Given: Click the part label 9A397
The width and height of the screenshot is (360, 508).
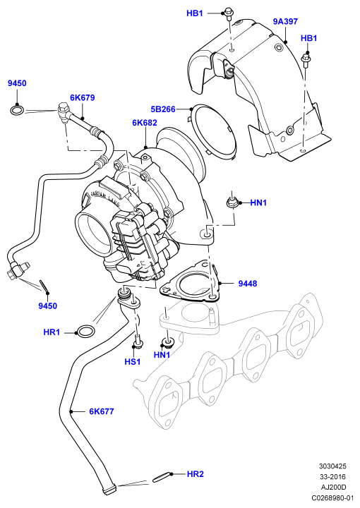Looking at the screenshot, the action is coord(285,22).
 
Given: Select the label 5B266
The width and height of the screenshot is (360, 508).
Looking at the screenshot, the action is coord(163,109).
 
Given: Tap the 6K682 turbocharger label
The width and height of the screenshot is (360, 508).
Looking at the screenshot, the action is coord(145,123).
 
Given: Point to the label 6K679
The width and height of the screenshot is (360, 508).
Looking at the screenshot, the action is coord(83,97).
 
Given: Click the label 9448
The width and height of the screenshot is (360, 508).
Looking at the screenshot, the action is coord(248,284).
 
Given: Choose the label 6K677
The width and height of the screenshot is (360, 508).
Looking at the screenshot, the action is coord(102,411).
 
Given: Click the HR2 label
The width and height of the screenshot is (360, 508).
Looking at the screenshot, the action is coord(196,474).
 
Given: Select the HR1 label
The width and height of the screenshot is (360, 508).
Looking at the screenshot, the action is coord(52,332).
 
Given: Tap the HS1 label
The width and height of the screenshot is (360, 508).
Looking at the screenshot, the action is coord(133,361).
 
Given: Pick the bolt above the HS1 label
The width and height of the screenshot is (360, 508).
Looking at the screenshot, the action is coord(138,341).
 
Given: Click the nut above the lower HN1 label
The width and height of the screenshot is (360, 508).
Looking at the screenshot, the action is coord(167,342).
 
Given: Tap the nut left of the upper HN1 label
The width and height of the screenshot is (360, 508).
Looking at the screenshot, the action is coord(233,203).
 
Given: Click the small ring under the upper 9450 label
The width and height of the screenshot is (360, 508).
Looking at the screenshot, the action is coord(17,109).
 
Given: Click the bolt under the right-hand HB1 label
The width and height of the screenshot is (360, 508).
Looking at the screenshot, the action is coord(306,61).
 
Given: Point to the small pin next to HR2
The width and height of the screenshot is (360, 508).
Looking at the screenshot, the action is coord(161,476).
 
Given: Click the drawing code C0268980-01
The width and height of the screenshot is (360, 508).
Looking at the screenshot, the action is coord(332,497).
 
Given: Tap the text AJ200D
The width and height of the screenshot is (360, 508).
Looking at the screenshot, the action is coord(334,488).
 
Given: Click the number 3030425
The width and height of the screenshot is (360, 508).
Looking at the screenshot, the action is coord(332,466).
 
